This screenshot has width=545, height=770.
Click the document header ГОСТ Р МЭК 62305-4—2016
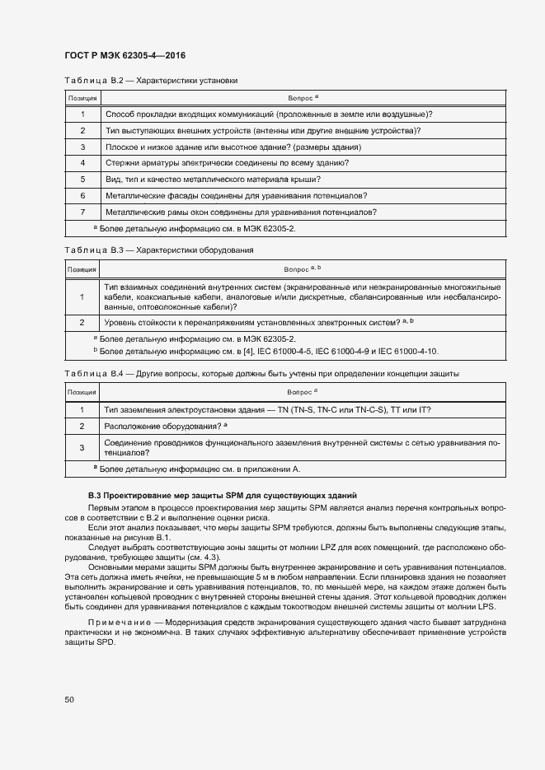(125, 56)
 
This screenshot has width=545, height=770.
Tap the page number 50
(69, 700)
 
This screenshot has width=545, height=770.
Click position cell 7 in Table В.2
(82, 212)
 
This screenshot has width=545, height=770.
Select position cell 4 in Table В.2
(82, 163)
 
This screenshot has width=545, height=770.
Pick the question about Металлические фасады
(236, 195)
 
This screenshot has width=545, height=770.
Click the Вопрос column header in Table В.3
(302, 269)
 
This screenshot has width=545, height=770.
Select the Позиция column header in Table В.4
(82, 393)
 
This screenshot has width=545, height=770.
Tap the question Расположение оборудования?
(166, 426)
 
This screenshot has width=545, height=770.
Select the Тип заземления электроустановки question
(267, 409)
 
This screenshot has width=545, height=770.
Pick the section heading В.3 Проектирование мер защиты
(222, 495)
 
